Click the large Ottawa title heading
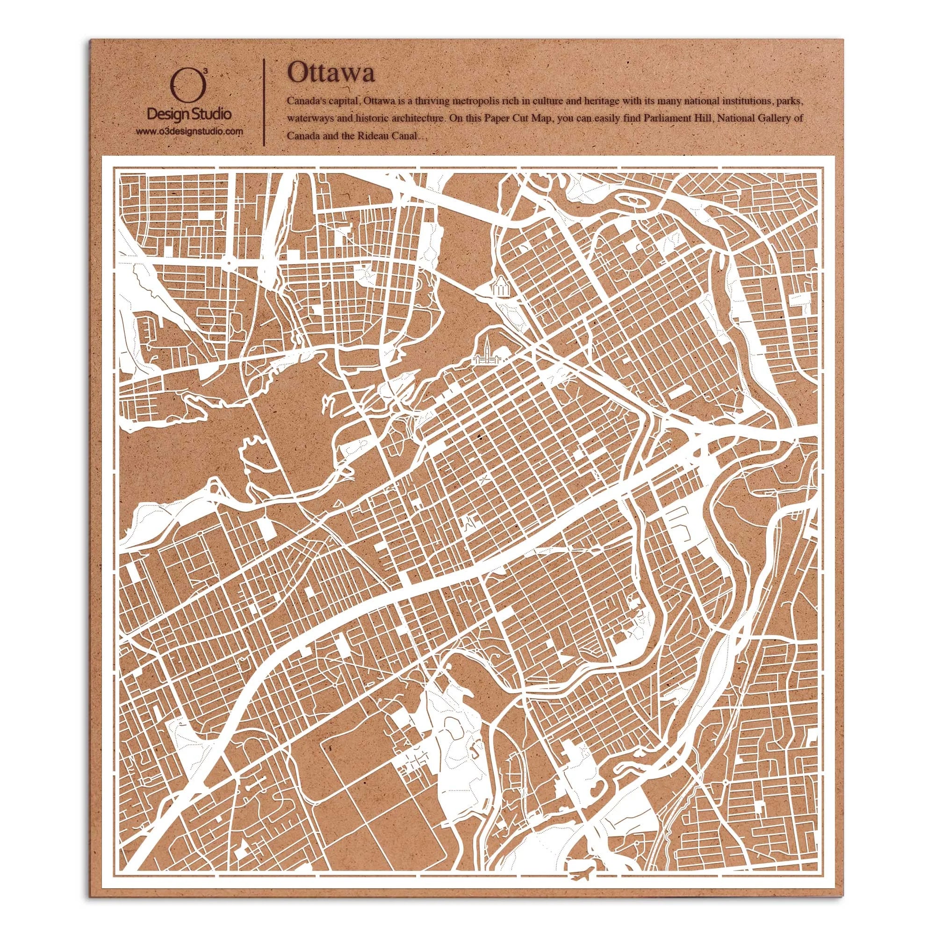[x=331, y=74]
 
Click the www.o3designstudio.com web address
[x=189, y=131]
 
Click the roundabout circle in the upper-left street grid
[x=228, y=263]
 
